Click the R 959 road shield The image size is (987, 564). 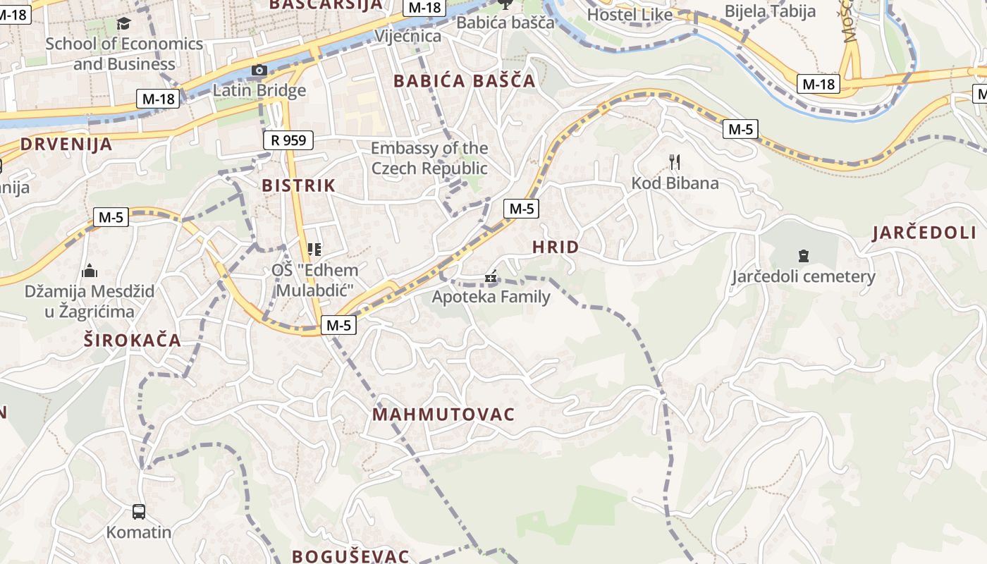pos(288,140)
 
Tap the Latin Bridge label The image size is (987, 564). pos(259,90)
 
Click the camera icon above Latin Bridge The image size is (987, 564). pos(259,70)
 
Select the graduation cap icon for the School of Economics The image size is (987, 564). pos(124,23)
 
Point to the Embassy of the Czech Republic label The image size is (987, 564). pos(429,158)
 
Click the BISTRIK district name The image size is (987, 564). pos(298,185)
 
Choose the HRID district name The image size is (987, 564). pos(556,247)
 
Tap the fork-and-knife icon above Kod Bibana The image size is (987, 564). pos(675,163)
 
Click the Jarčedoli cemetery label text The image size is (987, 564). pos(803,276)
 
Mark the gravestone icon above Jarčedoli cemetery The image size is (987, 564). pos(803,255)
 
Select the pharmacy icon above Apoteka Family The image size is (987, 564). pos(491,277)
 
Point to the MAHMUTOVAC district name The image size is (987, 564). pos(443,414)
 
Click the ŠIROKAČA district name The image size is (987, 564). pos(133,341)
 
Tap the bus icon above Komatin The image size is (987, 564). pos(139,511)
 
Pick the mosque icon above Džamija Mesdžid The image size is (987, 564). pos(90,271)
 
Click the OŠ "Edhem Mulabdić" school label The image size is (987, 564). pos(314,280)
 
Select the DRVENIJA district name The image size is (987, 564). pos(66,145)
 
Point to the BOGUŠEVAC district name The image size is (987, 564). pos(350,556)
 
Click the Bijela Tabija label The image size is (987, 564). pos(770,11)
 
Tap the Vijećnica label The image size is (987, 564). pos(408,36)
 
